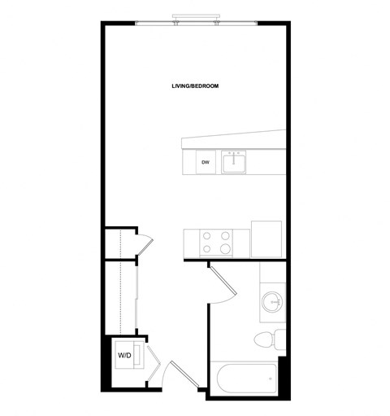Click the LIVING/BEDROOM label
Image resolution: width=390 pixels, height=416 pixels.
pos(195,85)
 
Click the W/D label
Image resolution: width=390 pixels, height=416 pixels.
pos(124,355)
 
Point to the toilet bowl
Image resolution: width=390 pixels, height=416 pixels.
pos(263,339)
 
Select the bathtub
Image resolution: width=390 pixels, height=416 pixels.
pos(243,378)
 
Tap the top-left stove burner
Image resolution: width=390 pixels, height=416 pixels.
pos(205,236)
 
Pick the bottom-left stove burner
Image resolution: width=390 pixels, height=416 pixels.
pos(205,248)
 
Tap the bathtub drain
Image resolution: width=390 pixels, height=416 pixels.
pos(271,378)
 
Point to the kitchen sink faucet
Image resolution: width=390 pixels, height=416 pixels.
pos(236,152)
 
